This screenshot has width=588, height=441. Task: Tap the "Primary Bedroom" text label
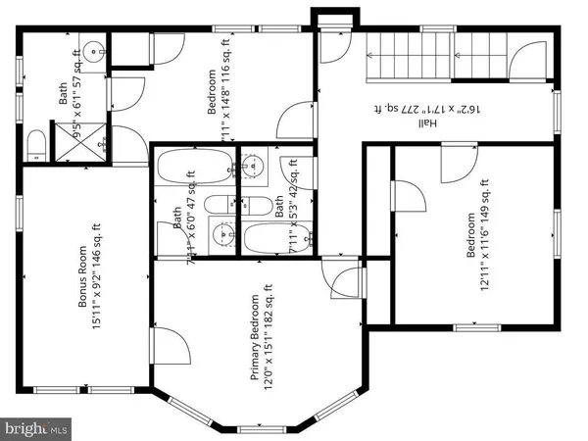coord(255,338)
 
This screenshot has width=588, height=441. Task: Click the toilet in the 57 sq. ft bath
coord(35,145)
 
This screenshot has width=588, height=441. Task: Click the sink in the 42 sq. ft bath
coord(257,166)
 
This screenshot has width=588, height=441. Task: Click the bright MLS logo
coord(37,427)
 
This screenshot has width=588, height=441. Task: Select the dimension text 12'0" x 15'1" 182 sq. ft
coord(269,333)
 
